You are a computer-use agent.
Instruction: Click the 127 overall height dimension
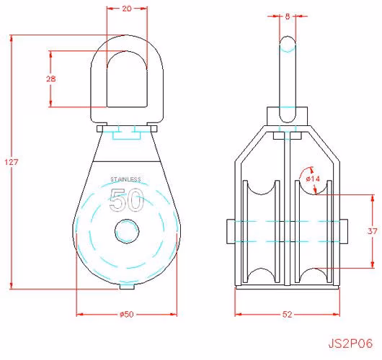12,162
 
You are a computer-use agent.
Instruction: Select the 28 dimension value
51,78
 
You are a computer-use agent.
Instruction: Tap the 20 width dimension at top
127,9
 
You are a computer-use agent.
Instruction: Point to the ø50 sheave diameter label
127,314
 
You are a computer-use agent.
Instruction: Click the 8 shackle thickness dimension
288,17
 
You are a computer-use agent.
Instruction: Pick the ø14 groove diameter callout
313,179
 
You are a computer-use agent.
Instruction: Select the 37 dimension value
372,230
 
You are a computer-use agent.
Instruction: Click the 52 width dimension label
288,314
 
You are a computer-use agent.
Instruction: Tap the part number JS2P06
350,343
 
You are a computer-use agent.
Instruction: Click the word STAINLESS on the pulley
125,179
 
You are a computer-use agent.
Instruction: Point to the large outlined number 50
127,199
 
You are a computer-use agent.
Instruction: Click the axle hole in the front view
127,231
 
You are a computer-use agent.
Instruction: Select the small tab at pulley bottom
127,287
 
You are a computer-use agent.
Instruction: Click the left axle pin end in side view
231,231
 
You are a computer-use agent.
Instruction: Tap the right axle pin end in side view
344,231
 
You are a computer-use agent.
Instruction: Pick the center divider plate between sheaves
288,209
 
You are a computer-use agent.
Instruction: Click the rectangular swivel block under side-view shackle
288,116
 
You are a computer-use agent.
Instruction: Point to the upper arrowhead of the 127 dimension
12,38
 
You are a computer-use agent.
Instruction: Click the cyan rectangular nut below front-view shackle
127,135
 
